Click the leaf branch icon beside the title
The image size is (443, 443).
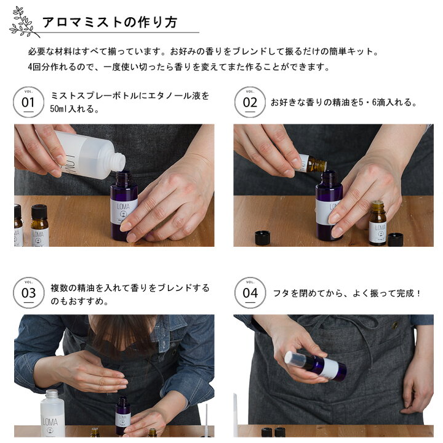24,22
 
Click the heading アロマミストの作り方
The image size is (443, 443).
110,22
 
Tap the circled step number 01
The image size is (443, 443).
28,102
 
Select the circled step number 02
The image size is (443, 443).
250,102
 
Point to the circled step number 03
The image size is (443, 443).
28,293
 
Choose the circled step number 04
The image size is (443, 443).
250,293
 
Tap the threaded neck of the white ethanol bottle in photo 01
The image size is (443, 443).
119,162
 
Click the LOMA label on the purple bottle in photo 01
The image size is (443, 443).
124,211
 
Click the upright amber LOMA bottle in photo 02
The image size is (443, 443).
378,223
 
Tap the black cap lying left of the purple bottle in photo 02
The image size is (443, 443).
263,237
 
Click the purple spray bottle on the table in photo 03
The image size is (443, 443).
123,415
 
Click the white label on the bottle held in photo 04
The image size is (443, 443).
330,369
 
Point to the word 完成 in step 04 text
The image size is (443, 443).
405,293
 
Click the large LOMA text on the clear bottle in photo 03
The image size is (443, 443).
50,422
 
